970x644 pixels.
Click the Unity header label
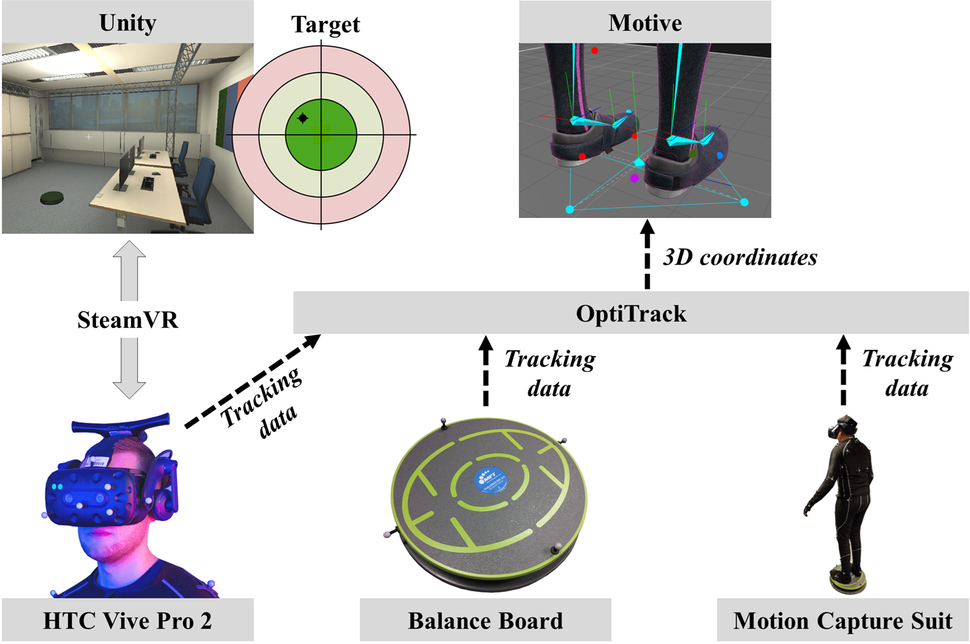pyautogui.click(x=127, y=23)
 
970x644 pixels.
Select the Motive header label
pyautogui.click(x=645, y=23)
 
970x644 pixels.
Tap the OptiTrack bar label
pyautogui.click(x=631, y=313)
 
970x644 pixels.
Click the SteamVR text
pyautogui.click(x=128, y=320)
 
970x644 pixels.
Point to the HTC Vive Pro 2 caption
pyautogui.click(x=127, y=621)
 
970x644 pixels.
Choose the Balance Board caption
pyautogui.click(x=485, y=621)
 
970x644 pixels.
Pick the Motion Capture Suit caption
pyautogui.click(x=843, y=621)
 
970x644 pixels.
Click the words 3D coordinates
pyautogui.click(x=739, y=257)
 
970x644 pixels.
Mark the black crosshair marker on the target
pyautogui.click(x=302, y=118)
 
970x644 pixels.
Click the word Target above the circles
pyautogui.click(x=325, y=24)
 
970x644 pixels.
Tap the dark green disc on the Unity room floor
pyautogui.click(x=52, y=197)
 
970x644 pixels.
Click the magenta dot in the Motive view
pyautogui.click(x=634, y=178)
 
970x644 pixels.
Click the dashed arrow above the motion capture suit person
pyautogui.click(x=843, y=371)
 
